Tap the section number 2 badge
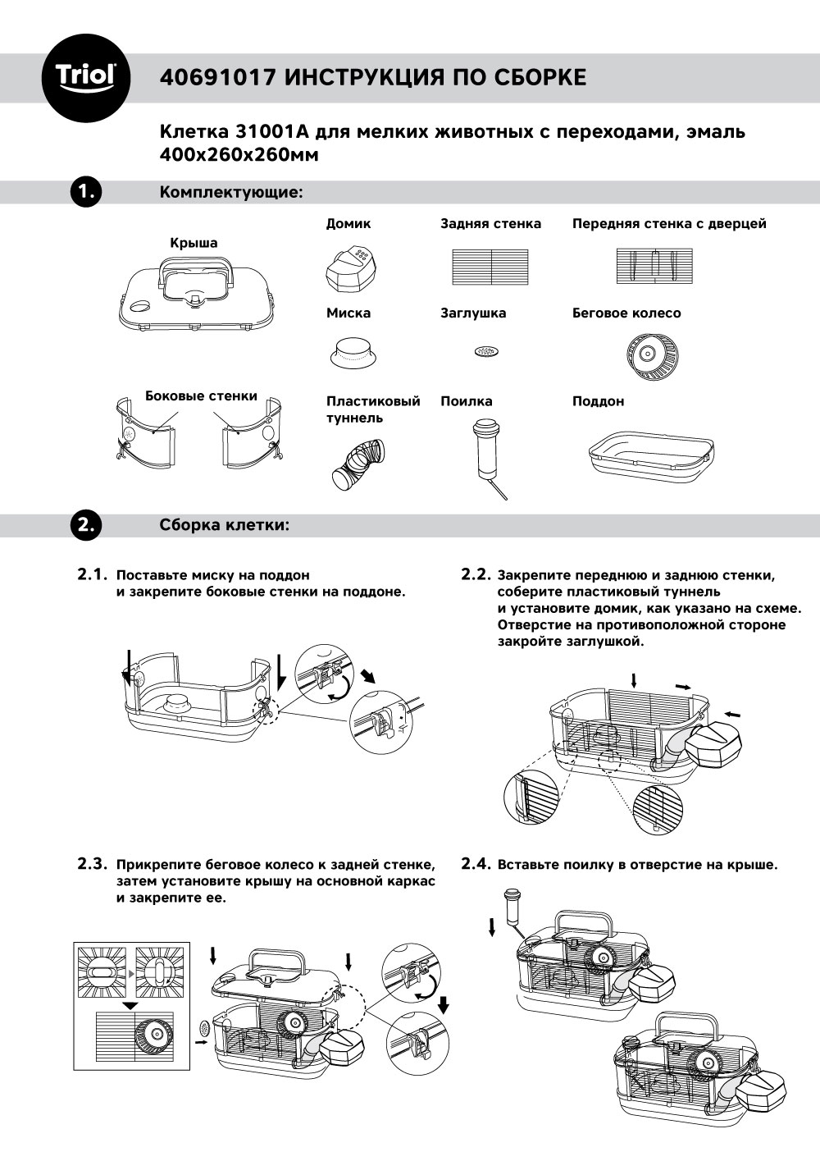(85, 525)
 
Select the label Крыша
(194, 243)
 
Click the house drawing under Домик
(350, 268)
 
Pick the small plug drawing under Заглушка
(486, 352)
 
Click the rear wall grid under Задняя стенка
(490, 267)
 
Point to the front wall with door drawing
(654, 267)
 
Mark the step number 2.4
(476, 864)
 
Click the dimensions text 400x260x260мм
(238, 153)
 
